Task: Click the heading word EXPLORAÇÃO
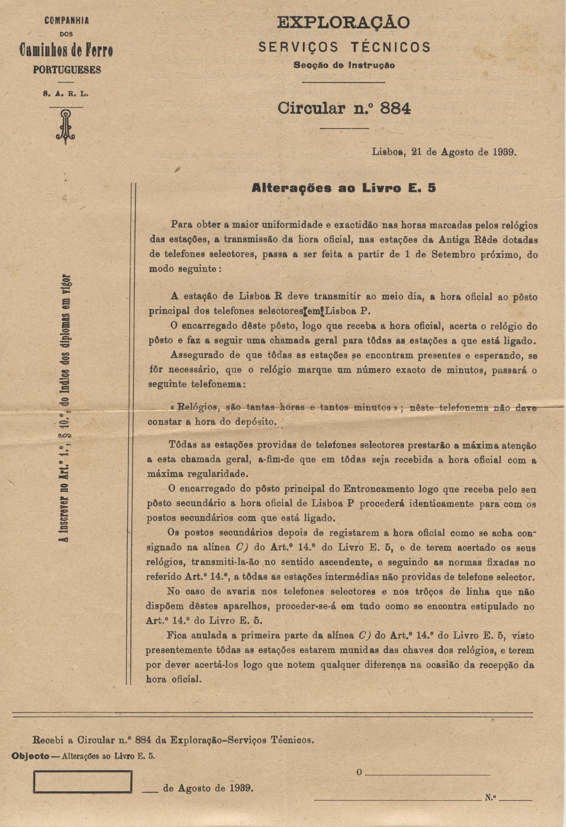tap(343, 23)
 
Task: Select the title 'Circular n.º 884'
tap(344, 108)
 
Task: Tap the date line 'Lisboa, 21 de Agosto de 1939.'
tap(444, 152)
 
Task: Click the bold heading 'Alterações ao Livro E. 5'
tap(344, 188)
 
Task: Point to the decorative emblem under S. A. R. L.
tap(66, 126)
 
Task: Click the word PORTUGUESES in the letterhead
tap(67, 70)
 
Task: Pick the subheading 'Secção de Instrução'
tap(344, 65)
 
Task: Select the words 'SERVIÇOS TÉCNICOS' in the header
tap(344, 47)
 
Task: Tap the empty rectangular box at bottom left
tap(82, 781)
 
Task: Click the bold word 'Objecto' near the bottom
tap(31, 756)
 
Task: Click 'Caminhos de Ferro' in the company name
tap(66, 50)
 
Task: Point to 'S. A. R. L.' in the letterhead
tap(66, 94)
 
